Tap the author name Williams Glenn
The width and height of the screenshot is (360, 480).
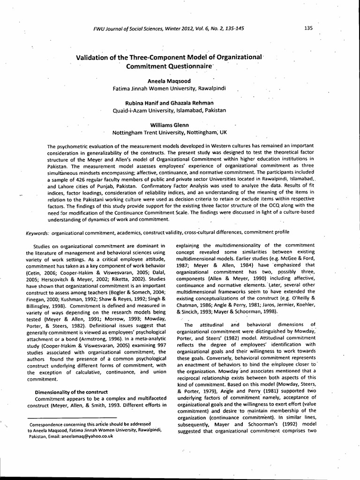(x=169, y=125)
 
